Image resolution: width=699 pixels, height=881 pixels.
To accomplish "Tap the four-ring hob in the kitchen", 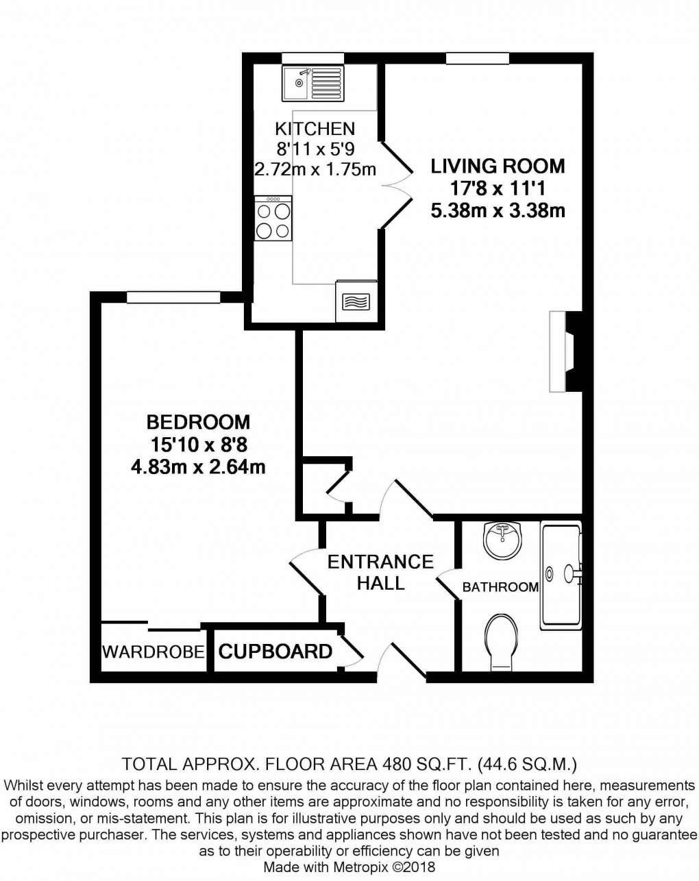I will pyautogui.click(x=273, y=219).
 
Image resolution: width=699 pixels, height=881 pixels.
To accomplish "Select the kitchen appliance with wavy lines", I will pyautogui.click(x=356, y=301).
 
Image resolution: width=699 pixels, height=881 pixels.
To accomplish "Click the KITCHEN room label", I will pyautogui.click(x=315, y=128).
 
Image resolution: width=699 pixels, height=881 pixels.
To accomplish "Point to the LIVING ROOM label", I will pyautogui.click(x=498, y=166).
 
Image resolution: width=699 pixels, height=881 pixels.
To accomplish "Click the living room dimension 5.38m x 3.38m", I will pyautogui.click(x=498, y=210).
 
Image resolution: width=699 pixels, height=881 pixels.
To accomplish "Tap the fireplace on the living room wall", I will pyautogui.click(x=564, y=352).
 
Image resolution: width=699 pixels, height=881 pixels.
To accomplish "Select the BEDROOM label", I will pyautogui.click(x=198, y=421).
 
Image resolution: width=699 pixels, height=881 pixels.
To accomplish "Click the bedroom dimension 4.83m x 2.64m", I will pyautogui.click(x=198, y=467).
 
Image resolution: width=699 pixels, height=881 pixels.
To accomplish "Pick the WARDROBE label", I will pyautogui.click(x=154, y=652).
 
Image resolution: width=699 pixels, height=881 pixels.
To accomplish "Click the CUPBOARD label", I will pyautogui.click(x=275, y=651).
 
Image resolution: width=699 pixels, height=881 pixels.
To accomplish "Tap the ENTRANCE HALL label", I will pyautogui.click(x=380, y=572).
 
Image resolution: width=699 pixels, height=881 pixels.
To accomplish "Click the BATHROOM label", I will pyautogui.click(x=500, y=587).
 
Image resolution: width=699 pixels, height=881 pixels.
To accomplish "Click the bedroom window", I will pyautogui.click(x=173, y=297).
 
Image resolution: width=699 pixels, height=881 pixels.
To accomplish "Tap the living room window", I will pyautogui.click(x=478, y=58).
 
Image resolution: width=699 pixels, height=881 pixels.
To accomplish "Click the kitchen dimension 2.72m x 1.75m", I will pyautogui.click(x=315, y=169).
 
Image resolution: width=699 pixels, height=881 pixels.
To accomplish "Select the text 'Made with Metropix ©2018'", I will pyautogui.click(x=349, y=866).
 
